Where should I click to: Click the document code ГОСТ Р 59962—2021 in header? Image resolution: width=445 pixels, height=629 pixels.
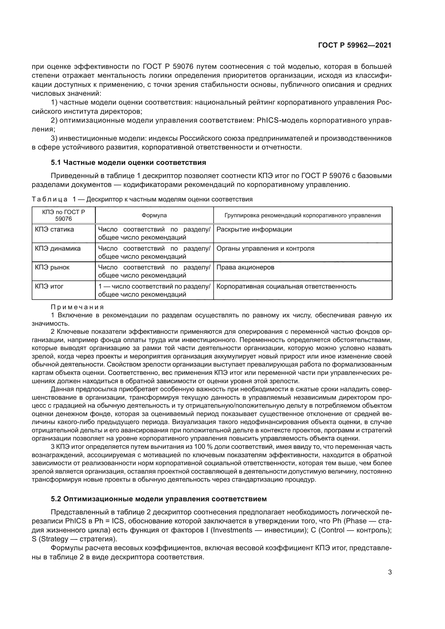pyautogui.click(x=355, y=45)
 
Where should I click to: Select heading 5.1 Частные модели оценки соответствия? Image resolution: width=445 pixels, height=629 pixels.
pyautogui.click(x=128, y=162)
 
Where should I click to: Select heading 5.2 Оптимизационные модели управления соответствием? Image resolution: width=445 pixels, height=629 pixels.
pyautogui.click(x=159, y=499)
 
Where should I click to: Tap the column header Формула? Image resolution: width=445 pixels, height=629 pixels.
pyautogui.click(x=154, y=215)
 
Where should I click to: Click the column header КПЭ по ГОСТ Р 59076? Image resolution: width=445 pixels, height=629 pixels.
pyautogui.click(x=63, y=215)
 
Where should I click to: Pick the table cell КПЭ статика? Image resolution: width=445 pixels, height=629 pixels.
pyautogui.click(x=54, y=229)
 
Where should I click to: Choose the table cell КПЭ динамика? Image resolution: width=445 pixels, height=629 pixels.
pyautogui.click(x=58, y=248)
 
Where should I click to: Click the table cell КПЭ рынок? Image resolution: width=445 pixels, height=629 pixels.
pyautogui.click(x=52, y=267)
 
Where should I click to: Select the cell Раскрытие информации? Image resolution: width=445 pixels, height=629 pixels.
pyautogui.click(x=254, y=229)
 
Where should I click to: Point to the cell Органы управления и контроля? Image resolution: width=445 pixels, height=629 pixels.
pyautogui.click(x=265, y=248)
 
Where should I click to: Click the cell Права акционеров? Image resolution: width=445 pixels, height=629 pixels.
pyautogui.click(x=245, y=267)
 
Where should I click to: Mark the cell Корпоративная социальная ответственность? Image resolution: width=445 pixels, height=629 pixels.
pyautogui.click(x=286, y=286)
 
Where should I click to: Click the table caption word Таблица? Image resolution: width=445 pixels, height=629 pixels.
pyautogui.click(x=50, y=200)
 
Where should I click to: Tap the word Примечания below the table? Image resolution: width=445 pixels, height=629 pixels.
pyautogui.click(x=77, y=307)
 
